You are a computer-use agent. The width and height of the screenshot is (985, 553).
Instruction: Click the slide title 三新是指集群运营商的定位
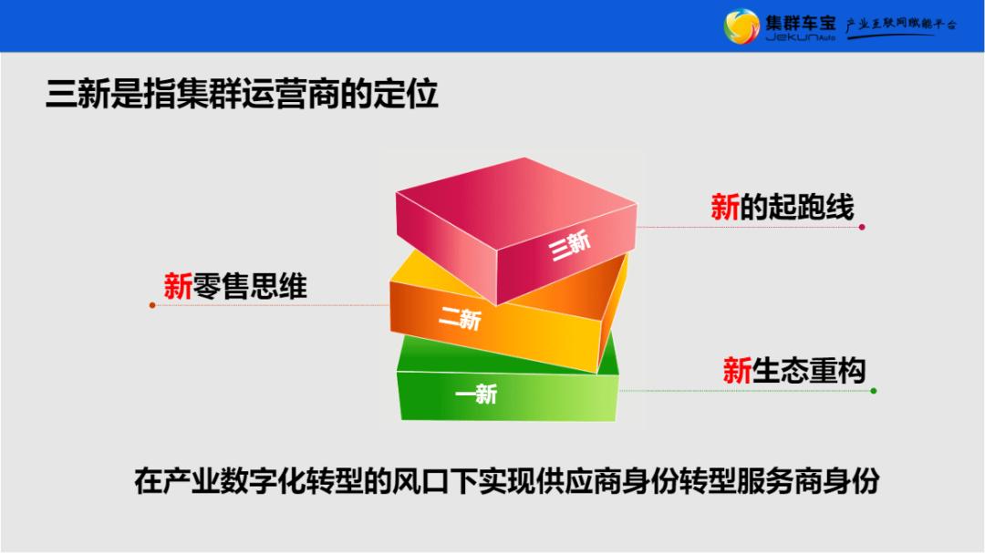pyautogui.click(x=242, y=95)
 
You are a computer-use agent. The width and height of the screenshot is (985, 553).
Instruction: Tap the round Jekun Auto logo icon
pyautogui.click(x=741, y=26)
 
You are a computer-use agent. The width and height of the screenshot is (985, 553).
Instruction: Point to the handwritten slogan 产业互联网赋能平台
pyautogui.click(x=901, y=25)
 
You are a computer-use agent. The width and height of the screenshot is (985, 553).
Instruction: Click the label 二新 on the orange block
pyautogui.click(x=459, y=318)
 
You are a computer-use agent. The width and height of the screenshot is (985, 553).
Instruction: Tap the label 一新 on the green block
pyautogui.click(x=476, y=394)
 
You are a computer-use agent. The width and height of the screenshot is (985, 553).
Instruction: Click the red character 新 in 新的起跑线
pyautogui.click(x=725, y=209)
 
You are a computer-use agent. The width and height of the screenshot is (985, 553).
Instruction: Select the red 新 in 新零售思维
pyautogui.click(x=178, y=287)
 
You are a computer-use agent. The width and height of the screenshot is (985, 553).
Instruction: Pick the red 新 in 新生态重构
pyautogui.click(x=737, y=371)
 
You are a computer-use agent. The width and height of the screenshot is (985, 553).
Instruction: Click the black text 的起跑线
pyautogui.click(x=796, y=209)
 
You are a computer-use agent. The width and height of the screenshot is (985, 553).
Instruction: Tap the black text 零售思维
pyautogui.click(x=249, y=287)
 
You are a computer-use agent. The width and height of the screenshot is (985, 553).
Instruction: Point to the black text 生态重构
pyautogui.click(x=808, y=371)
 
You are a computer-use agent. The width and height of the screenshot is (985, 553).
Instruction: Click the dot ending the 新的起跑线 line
pyautogui.click(x=862, y=227)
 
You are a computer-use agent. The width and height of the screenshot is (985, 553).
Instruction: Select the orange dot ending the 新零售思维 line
pyautogui.click(x=152, y=305)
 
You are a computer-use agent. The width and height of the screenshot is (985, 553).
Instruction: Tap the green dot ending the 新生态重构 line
pyautogui.click(x=874, y=391)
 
